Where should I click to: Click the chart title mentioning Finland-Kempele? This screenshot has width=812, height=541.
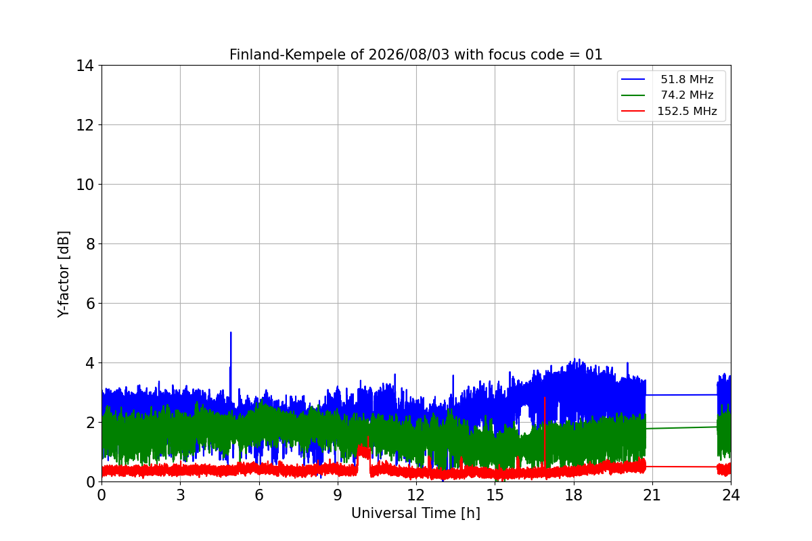415,55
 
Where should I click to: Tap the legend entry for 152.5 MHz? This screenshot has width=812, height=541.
669,111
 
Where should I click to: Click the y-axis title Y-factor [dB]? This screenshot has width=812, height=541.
64,275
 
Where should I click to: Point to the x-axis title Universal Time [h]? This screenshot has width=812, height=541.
415,513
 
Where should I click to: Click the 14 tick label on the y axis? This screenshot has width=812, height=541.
85,66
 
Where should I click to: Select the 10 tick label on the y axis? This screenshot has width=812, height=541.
85,185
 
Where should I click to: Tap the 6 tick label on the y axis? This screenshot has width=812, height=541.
90,304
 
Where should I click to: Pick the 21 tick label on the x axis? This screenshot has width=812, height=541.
652,495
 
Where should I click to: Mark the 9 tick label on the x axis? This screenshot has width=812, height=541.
338,495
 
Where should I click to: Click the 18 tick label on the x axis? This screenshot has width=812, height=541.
574,495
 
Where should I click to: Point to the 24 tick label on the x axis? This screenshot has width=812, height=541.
731,495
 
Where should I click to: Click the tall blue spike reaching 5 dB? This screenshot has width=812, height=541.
231,362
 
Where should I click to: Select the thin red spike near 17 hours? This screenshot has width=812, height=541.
545,431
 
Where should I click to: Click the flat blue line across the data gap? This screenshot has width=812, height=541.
681,395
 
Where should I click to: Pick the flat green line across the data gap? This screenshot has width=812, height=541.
681,428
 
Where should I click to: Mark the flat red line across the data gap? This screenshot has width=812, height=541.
681,467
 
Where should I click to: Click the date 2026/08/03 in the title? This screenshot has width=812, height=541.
409,55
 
